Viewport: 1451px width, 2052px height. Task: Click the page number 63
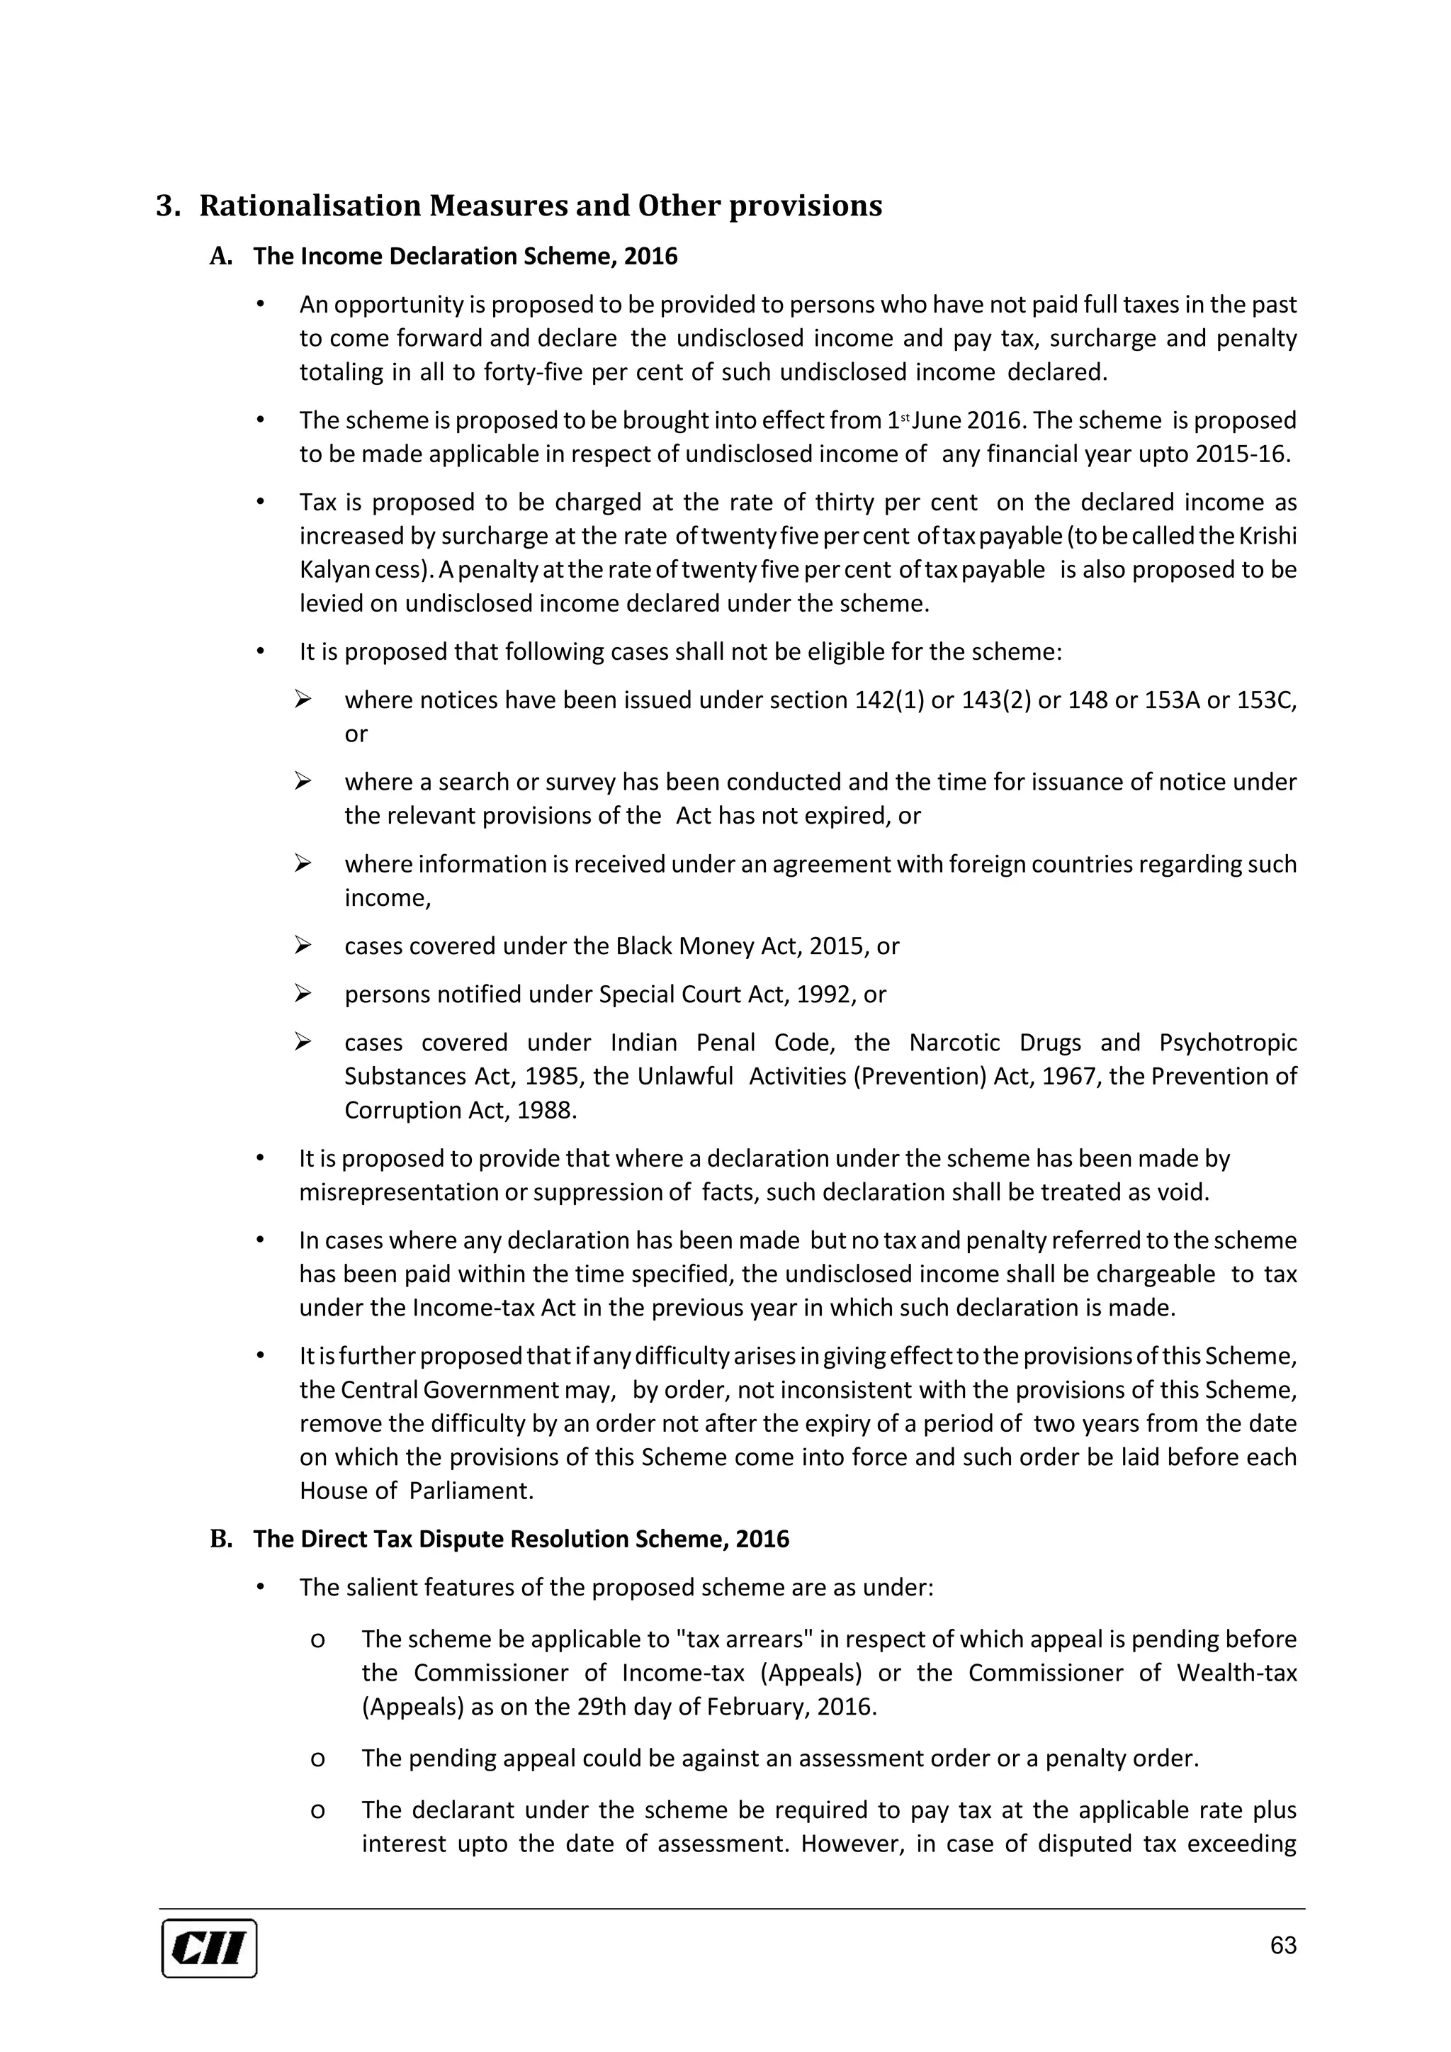tap(1282, 1945)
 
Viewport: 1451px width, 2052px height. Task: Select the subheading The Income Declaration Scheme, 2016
tap(465, 257)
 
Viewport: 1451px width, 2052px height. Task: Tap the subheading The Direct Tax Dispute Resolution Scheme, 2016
tap(521, 1539)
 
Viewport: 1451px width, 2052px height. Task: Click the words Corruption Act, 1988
tap(459, 1110)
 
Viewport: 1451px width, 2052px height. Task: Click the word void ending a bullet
tap(1187, 1192)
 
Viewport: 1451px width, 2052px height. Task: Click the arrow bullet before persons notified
tap(303, 994)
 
